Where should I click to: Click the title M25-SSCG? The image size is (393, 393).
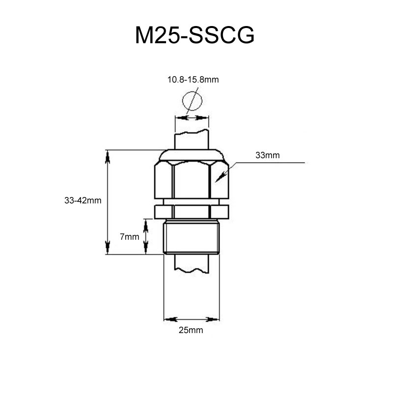point(195,36)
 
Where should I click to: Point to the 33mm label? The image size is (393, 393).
point(267,155)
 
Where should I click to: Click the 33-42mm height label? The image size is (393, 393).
point(83,201)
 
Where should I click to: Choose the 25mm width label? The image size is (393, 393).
point(191,331)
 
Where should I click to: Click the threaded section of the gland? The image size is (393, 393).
point(191,238)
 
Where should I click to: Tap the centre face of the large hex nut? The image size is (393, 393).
point(192,180)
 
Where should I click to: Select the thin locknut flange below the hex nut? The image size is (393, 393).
point(192,212)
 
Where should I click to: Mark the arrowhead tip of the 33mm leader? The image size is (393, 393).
point(218,180)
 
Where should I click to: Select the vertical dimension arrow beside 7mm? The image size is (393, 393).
point(146,237)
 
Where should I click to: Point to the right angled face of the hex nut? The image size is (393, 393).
point(219,180)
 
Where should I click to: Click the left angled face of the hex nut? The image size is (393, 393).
point(164,180)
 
